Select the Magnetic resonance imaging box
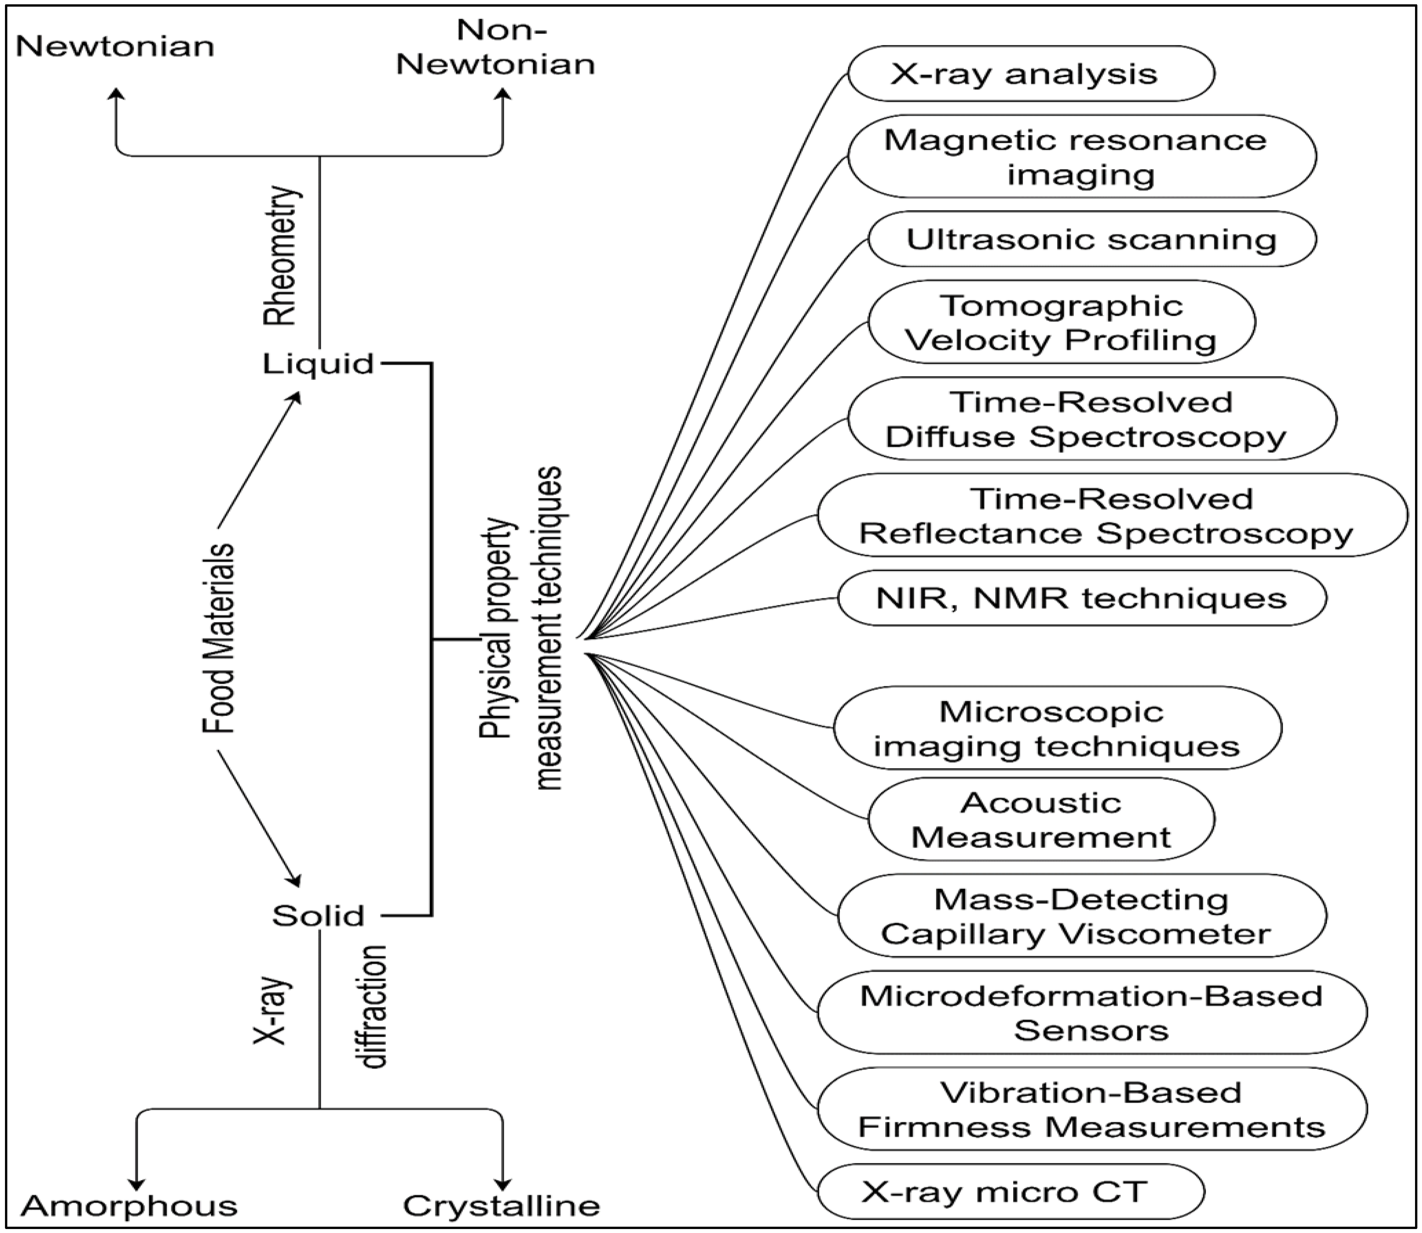click(x=1081, y=157)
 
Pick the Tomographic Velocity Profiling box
click(x=1061, y=322)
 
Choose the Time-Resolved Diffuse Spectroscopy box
click(x=1092, y=418)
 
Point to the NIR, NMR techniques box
click(x=1081, y=598)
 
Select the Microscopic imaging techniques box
click(x=1057, y=728)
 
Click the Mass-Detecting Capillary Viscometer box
click(x=1081, y=916)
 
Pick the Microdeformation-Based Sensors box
click(x=1092, y=1012)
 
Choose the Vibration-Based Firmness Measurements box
click(x=1092, y=1109)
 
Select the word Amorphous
click(x=130, y=1205)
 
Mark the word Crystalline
click(x=501, y=1205)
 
